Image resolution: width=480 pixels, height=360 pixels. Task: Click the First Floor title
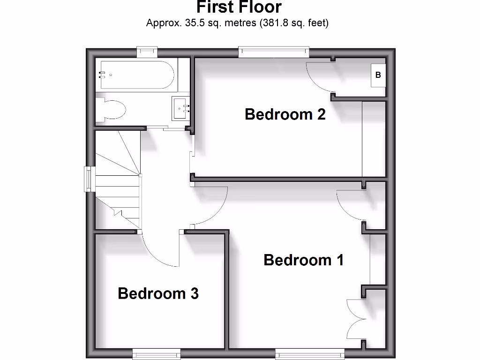click(x=239, y=7)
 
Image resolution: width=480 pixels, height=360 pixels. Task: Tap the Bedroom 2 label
click(x=285, y=114)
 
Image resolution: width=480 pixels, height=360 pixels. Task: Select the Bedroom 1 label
click(x=304, y=260)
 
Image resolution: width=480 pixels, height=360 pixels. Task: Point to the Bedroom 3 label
click(x=158, y=293)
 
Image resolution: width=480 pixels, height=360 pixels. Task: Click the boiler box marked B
click(x=378, y=75)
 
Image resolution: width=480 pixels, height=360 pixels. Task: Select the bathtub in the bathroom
click(x=136, y=75)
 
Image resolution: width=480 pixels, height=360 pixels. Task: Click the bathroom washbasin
click(x=180, y=109)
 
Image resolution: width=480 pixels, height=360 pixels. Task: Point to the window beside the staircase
click(x=88, y=179)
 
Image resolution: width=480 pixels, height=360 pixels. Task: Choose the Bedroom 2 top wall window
click(x=274, y=51)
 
